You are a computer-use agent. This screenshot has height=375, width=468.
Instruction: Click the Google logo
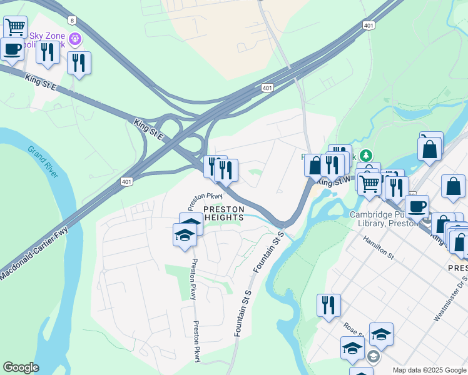click(x=21, y=367)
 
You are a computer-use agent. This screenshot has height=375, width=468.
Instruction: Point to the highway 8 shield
click(x=73, y=21)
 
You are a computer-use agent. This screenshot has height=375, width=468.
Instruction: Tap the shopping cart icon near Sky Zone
click(x=15, y=27)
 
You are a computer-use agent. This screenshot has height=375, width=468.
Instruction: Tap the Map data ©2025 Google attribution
click(x=429, y=370)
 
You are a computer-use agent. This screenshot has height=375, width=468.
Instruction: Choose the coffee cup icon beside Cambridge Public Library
click(x=417, y=206)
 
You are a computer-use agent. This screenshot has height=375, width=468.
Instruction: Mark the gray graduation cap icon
click(x=373, y=357)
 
